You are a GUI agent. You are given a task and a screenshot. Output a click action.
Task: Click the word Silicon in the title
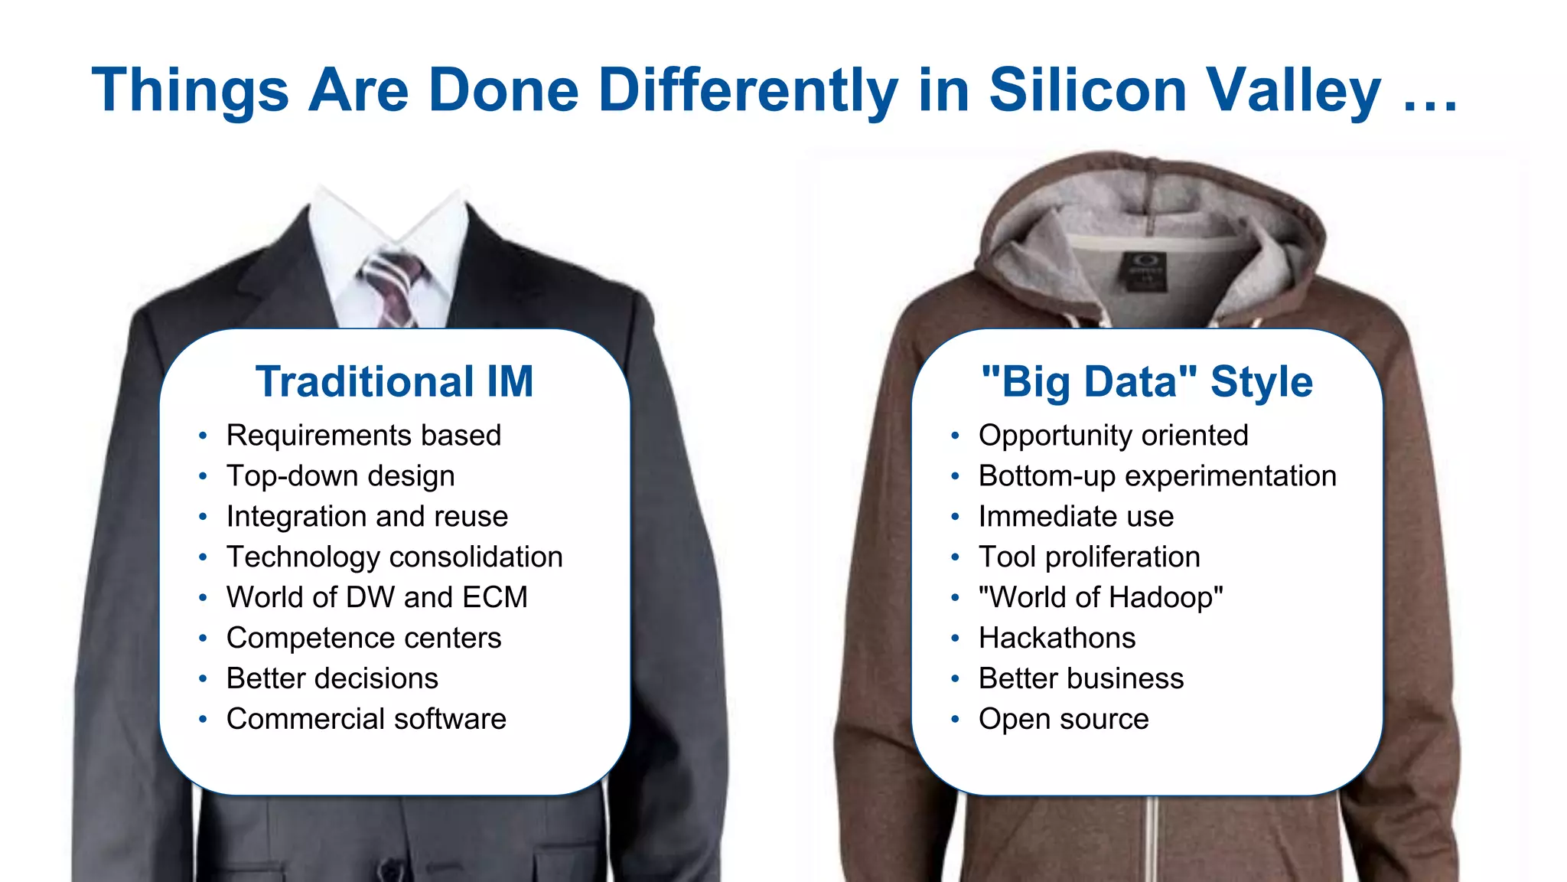[1087, 90]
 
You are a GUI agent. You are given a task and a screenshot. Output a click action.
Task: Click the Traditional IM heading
[394, 381]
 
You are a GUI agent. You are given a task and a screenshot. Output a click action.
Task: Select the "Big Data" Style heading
[1146, 381]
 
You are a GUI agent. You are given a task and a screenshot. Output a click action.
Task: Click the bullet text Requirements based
[363, 435]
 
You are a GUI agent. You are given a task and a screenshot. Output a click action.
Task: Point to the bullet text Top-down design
[340, 475]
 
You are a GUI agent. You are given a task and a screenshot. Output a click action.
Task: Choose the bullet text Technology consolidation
[394, 557]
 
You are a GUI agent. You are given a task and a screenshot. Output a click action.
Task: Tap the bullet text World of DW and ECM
[376, 597]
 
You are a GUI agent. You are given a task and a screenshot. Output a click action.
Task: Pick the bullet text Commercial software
[366, 719]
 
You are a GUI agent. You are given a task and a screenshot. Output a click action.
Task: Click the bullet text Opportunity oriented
[1113, 435]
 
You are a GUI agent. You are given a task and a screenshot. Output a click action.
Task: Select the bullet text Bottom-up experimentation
[1157, 475]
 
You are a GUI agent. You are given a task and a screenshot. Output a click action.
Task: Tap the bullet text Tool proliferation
[1089, 557]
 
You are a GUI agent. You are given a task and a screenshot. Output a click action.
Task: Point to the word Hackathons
[1057, 638]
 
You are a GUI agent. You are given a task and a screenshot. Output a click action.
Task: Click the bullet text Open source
[1064, 719]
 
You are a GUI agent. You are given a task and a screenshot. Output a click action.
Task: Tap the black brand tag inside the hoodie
[1145, 272]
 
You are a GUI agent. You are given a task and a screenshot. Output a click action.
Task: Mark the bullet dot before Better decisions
[203, 679]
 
